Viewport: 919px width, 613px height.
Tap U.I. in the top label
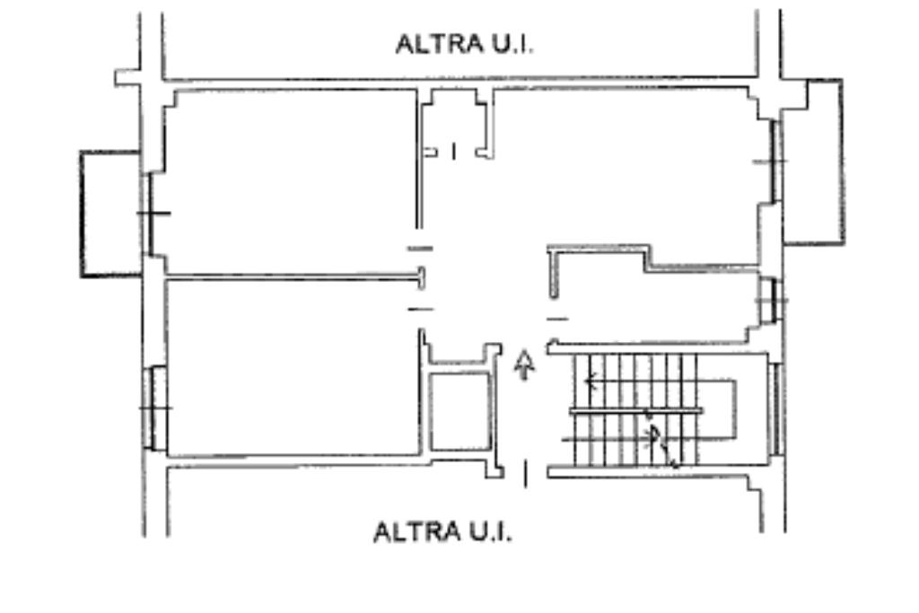(512, 45)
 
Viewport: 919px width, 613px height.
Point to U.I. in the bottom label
(490, 532)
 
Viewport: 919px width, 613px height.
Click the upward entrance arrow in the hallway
(524, 364)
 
